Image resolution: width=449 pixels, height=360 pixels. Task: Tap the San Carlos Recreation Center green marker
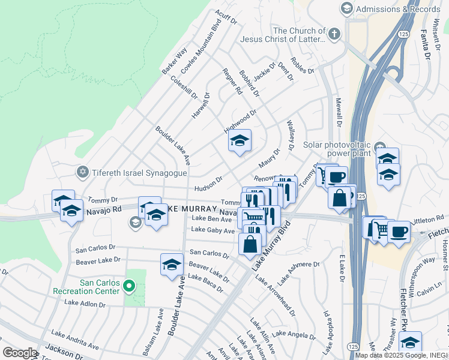128,286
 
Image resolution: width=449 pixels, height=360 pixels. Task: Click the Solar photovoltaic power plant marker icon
379,148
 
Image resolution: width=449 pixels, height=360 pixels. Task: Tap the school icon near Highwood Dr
240,141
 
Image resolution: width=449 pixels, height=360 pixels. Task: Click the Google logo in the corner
20,353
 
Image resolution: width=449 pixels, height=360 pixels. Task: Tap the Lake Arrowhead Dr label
275,296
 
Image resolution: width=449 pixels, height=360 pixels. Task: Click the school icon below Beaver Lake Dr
172,265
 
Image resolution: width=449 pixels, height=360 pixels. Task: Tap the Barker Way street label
174,61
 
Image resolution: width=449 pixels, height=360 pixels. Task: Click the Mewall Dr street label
339,112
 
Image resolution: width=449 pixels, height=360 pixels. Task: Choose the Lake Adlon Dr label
85,304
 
